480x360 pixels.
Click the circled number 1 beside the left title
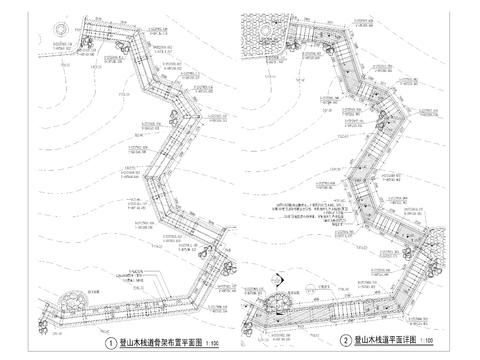pos(110,341)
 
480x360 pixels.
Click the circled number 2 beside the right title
pos(346,341)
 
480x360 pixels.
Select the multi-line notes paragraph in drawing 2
pos(310,209)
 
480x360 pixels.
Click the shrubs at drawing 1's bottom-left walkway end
pos(58,312)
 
